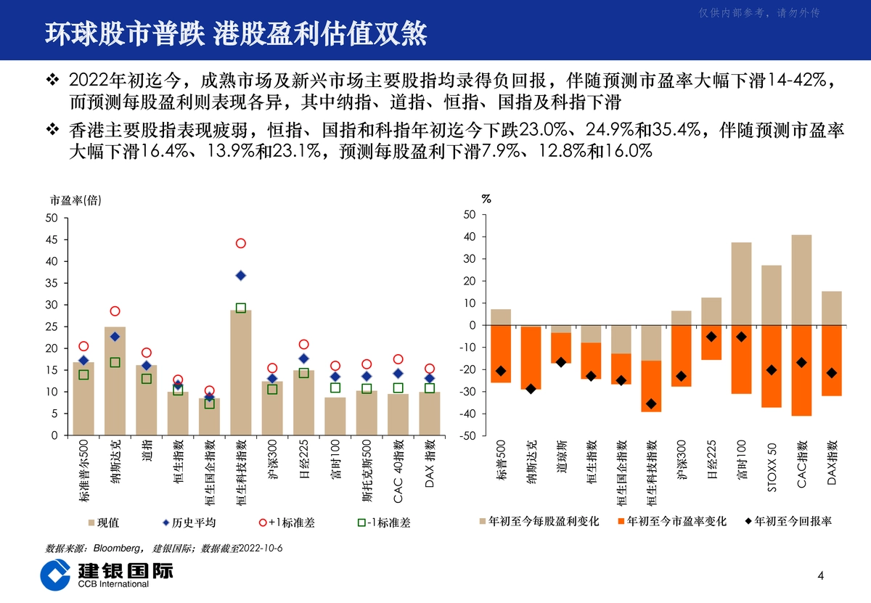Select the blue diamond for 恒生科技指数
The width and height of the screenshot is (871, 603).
click(x=241, y=276)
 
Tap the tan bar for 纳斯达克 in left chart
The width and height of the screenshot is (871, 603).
click(x=115, y=381)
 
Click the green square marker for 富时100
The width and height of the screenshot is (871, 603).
click(x=335, y=387)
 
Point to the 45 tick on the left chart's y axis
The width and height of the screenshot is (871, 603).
click(x=52, y=240)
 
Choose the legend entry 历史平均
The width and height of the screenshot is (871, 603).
click(x=189, y=522)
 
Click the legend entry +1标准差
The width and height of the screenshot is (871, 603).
click(x=287, y=522)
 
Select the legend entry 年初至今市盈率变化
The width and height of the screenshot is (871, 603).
click(x=672, y=521)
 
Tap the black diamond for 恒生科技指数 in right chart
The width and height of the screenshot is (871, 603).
click(x=651, y=403)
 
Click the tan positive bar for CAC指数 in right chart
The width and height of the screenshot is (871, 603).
click(x=801, y=280)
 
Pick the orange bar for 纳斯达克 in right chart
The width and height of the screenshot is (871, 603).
click(x=531, y=358)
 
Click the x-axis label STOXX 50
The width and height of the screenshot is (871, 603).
click(x=772, y=467)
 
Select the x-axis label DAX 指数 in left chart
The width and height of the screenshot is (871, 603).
click(x=429, y=464)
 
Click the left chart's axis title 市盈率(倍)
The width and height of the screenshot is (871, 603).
click(x=75, y=200)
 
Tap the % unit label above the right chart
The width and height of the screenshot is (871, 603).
click(x=486, y=199)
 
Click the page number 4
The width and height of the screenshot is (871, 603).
click(x=820, y=575)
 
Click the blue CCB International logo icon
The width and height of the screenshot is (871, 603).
click(x=55, y=575)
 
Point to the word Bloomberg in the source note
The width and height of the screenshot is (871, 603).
click(x=117, y=548)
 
